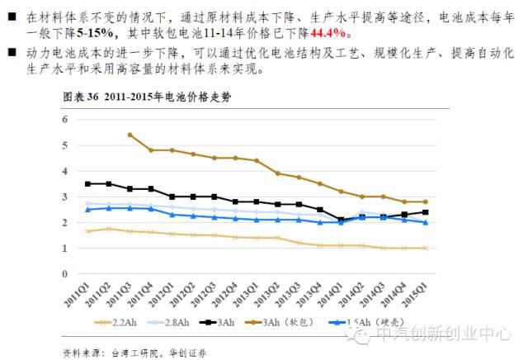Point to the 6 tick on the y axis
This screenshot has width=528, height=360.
pos(64,120)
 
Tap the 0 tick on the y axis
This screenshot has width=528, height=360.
pos(64,273)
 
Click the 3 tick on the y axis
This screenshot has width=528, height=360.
pos(64,197)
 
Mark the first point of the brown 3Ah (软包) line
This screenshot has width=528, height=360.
pos(130,135)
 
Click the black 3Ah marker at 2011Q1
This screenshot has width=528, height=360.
pos(87,183)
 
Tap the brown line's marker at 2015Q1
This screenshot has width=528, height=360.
pos(426,201)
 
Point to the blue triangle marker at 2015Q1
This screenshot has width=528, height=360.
pos(426,222)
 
